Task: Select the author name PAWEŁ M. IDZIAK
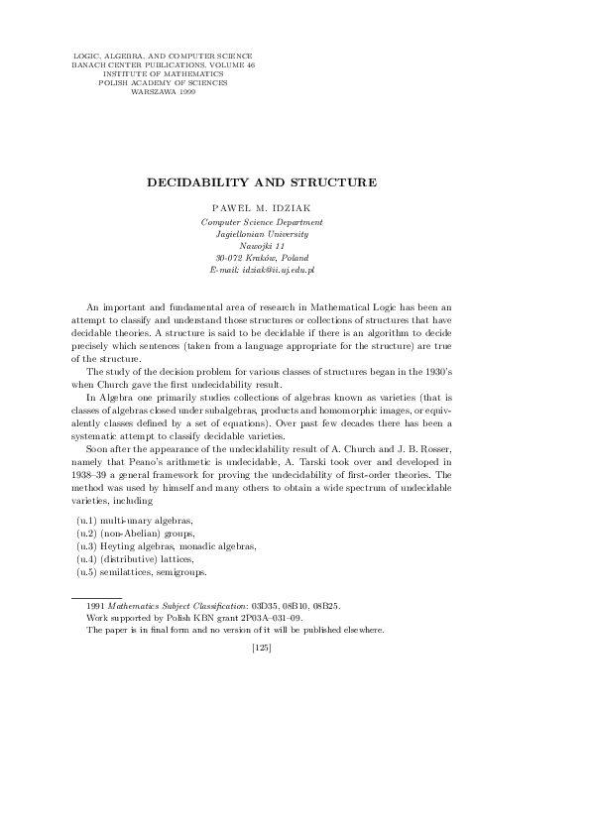click(262, 210)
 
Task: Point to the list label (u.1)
click(87, 520)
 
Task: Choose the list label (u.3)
click(87, 545)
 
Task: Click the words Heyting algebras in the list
click(135, 545)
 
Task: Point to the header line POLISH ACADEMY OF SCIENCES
click(163, 83)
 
